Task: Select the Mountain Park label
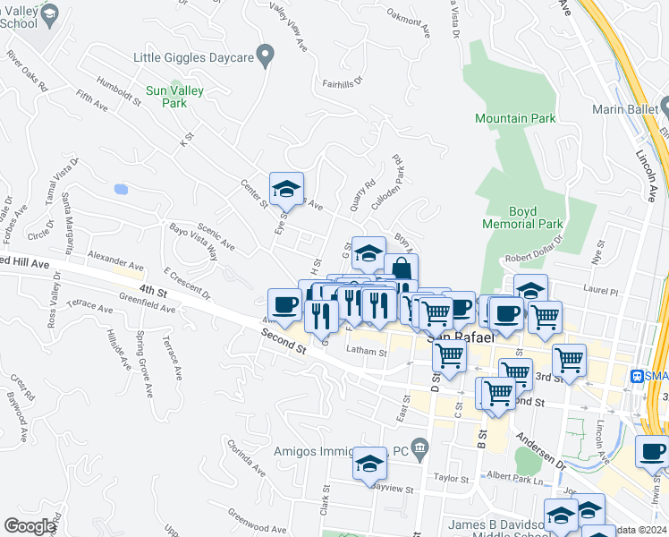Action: click(515, 118)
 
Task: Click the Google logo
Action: click(30, 526)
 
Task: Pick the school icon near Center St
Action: click(286, 189)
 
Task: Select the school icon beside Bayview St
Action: click(369, 464)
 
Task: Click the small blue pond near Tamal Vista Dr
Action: click(120, 189)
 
